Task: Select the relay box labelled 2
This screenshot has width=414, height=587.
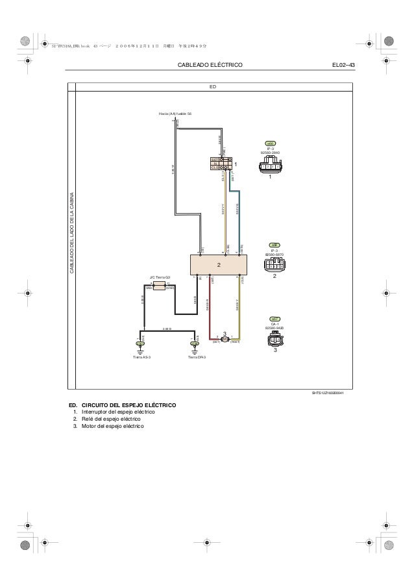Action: pyautogui.click(x=219, y=265)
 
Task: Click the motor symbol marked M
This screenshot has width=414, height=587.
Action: pyautogui.click(x=225, y=339)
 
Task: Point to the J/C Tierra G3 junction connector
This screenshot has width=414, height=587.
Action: pyautogui.click(x=159, y=285)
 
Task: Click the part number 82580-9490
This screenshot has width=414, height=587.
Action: pyautogui.click(x=274, y=328)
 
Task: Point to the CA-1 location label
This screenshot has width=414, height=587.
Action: pyautogui.click(x=274, y=323)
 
